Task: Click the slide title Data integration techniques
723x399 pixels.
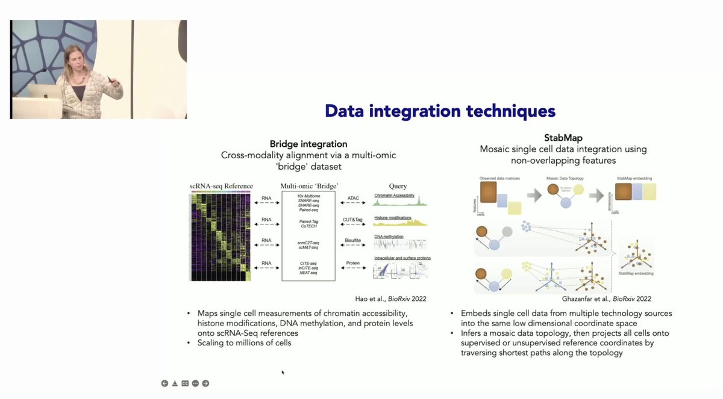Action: click(x=440, y=111)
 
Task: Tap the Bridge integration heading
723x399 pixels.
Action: click(x=308, y=144)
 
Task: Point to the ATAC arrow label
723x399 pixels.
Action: click(x=354, y=199)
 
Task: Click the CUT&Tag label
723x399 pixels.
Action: click(x=354, y=220)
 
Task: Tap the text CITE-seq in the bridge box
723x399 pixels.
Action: click(x=308, y=262)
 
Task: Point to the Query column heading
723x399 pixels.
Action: click(x=398, y=187)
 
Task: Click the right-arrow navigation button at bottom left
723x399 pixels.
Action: click(x=205, y=383)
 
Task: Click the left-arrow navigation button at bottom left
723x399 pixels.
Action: click(x=164, y=383)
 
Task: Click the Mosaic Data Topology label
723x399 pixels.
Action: click(x=563, y=179)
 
